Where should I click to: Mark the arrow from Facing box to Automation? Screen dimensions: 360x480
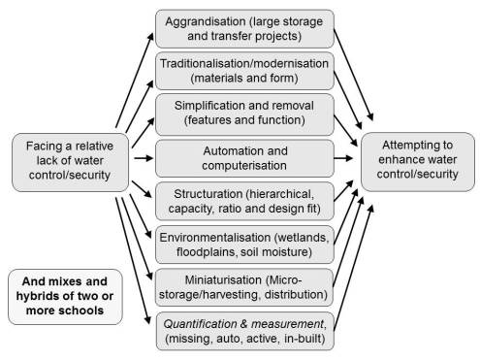[x=140, y=155]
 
